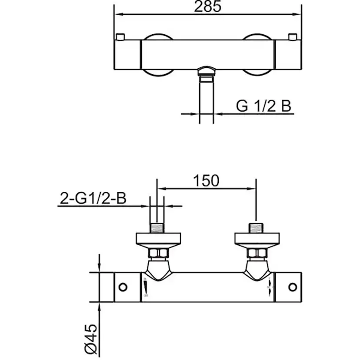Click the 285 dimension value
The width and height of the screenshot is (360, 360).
point(208,7)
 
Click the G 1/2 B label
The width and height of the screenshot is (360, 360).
point(263,106)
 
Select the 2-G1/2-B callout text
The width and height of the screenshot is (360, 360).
point(93,199)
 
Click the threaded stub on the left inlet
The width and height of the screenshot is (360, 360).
point(157,228)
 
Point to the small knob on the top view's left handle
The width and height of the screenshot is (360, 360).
point(121,36)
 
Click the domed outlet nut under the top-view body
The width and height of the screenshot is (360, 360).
point(207,71)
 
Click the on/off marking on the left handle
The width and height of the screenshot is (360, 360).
point(145,287)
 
